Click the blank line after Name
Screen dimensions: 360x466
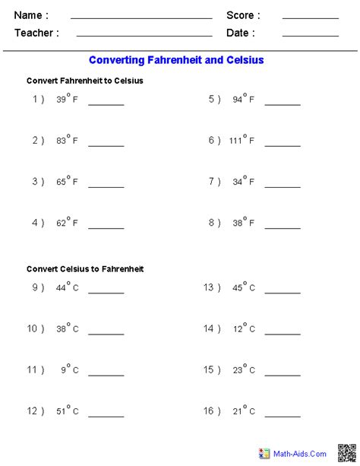(141, 17)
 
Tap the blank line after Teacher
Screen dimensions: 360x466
(144, 35)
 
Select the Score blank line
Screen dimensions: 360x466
(310, 17)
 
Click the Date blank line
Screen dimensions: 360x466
(310, 35)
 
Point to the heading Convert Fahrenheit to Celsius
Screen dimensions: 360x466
(84, 81)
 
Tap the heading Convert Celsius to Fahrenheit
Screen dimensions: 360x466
(84, 268)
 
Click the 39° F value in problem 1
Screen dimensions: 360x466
(67, 100)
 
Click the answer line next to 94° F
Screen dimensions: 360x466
(282, 103)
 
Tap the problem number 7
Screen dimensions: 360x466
(214, 182)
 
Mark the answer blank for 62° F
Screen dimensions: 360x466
(106, 227)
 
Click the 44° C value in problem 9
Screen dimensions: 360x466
(67, 288)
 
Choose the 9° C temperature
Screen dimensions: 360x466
(70, 370)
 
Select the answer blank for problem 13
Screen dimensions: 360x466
(282, 292)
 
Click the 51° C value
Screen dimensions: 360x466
(67, 411)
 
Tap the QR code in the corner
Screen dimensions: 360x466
(346, 452)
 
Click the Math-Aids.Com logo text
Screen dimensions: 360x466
(299, 453)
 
